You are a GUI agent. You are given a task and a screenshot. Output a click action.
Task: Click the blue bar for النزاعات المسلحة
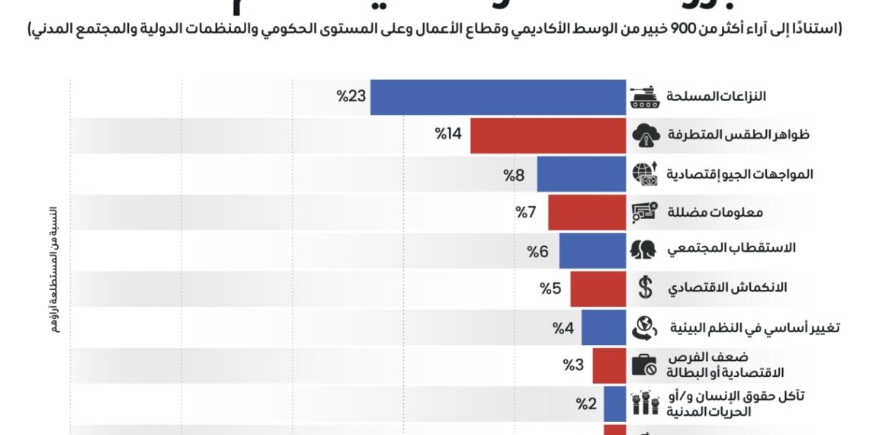click(x=498, y=97)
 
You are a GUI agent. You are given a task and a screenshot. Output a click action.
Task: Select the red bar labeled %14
click(x=548, y=135)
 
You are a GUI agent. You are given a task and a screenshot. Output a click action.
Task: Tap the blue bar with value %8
click(x=581, y=174)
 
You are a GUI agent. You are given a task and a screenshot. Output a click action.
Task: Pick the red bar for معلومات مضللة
click(x=587, y=212)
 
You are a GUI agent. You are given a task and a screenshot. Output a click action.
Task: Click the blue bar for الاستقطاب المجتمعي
click(x=592, y=250)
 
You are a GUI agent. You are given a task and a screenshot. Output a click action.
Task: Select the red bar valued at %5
click(x=598, y=289)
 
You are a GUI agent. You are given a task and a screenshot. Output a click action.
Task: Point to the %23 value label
click(x=352, y=96)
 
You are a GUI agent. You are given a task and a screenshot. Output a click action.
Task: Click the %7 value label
click(x=527, y=211)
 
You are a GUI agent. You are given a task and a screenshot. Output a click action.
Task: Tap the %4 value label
click(x=563, y=327)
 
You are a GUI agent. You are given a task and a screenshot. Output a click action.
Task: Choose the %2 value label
click(x=586, y=404)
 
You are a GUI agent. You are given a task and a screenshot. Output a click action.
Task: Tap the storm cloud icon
click(x=645, y=135)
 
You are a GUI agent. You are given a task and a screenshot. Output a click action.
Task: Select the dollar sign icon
click(x=645, y=288)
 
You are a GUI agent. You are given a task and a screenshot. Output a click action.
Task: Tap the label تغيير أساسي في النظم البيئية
click(x=755, y=327)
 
